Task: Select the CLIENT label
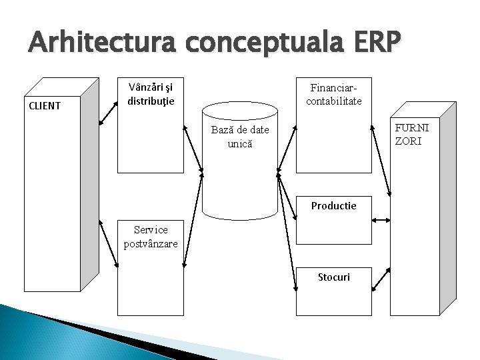44,105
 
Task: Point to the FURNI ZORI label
417,133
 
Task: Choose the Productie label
333,205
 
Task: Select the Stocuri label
333,276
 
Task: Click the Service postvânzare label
151,237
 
